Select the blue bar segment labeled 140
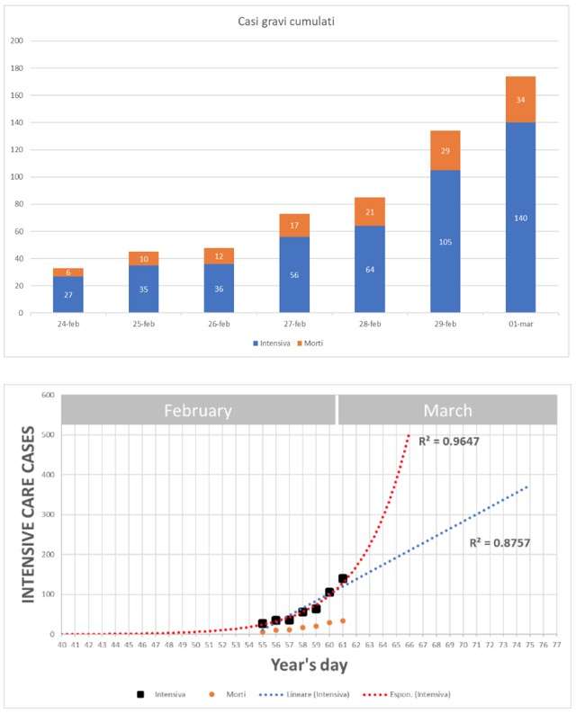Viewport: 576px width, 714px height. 520,218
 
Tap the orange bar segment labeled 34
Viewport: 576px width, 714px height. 520,99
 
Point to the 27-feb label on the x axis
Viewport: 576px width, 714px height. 294,324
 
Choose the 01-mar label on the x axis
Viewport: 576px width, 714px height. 520,324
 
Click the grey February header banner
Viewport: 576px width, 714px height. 198,410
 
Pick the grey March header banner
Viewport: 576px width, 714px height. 447,410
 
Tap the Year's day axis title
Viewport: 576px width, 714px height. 309,665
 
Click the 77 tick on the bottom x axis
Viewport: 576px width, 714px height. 556,644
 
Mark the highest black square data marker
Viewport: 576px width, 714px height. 343,578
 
